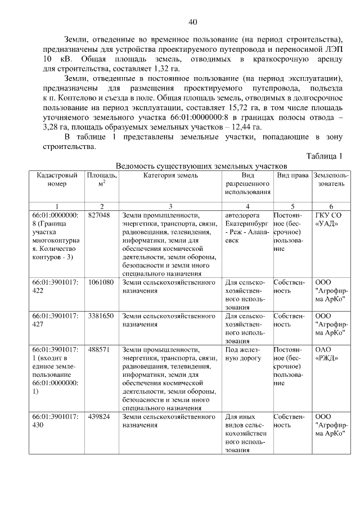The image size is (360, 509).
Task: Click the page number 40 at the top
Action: [192, 22]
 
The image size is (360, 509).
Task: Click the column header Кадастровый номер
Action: [57, 179]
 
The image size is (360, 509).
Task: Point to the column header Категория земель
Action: [170, 175]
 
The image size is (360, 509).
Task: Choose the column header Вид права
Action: [292, 175]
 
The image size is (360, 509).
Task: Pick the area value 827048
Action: [99, 215]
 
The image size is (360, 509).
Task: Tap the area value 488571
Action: [99, 349]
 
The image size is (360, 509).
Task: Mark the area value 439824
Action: [99, 417]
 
